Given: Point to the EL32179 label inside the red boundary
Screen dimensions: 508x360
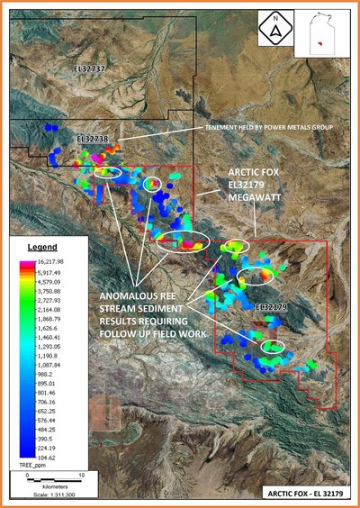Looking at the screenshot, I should (x=271, y=307).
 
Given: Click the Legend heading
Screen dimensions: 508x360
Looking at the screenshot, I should (x=40, y=247).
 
